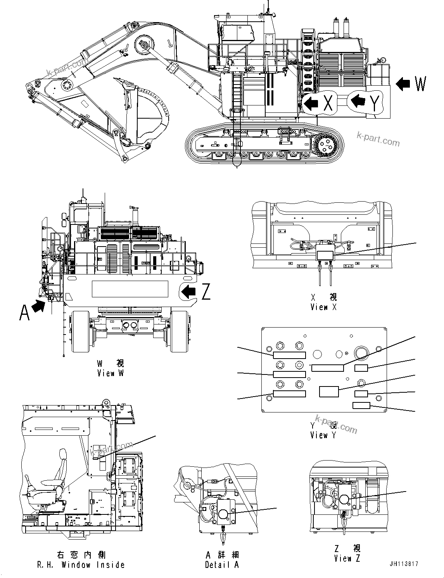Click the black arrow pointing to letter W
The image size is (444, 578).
coord(403,84)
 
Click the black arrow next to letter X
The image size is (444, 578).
coord(311,103)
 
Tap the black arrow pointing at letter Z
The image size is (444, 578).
coord(189,291)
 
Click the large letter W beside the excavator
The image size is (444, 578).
coord(420,84)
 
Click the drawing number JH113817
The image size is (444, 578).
coord(405,564)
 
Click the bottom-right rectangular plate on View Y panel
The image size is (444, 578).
coord(361,405)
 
